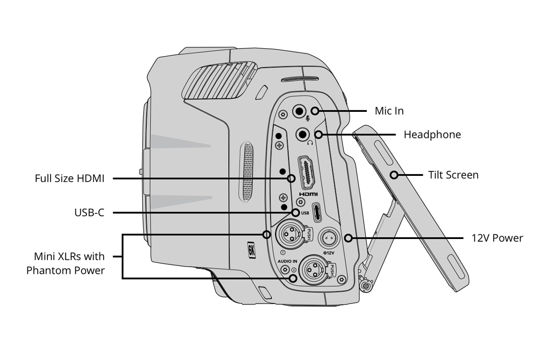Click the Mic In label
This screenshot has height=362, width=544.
point(389,111)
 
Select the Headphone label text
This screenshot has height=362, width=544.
point(432,135)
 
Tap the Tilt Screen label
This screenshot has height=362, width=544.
point(453,175)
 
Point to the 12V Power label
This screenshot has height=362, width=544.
point(497,238)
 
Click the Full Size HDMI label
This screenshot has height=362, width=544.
point(69,178)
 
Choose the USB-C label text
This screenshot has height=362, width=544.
point(89,213)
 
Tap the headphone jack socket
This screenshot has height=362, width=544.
point(303,135)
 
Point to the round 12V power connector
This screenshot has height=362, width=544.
point(328,238)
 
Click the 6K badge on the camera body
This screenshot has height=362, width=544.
point(252,251)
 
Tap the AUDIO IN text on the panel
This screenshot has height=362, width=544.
point(287,261)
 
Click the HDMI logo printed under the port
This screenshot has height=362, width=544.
point(308,194)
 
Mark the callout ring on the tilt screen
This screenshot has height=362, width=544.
point(394,175)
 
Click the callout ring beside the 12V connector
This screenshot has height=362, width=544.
point(348,238)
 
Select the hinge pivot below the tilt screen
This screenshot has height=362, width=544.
point(366,286)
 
